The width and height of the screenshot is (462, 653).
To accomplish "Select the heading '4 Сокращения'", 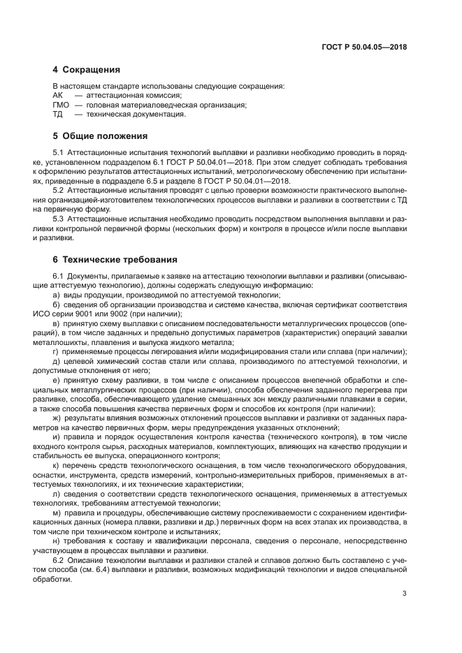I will [87, 70].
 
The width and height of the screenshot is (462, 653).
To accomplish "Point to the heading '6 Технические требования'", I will [115, 260].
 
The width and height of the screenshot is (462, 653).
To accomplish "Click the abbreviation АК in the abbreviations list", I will [58, 95].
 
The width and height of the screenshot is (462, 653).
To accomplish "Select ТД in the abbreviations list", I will [58, 115].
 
